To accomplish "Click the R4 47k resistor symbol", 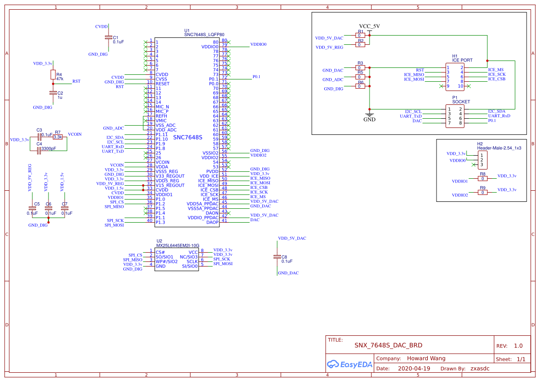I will (x=53, y=76).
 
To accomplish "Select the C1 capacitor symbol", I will (x=108, y=37).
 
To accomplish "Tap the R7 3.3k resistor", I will (x=58, y=137).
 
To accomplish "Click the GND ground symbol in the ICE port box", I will (x=369, y=115).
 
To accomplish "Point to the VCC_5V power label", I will (x=369, y=26).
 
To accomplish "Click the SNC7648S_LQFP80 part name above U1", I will (x=204, y=35).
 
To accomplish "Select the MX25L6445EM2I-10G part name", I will (x=177, y=246).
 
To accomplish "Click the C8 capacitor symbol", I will (x=277, y=256).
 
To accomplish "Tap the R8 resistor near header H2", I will (x=482, y=178).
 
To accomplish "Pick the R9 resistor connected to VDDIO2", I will (x=482, y=192).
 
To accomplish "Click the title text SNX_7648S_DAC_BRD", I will (x=388, y=345).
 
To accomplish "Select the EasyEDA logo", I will (x=349, y=364).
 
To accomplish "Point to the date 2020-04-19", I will (x=413, y=369).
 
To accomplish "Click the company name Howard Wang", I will (x=426, y=358).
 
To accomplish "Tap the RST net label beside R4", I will (x=76, y=81).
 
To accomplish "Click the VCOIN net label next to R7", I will (x=74, y=134).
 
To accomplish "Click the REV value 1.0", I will (x=518, y=346).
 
